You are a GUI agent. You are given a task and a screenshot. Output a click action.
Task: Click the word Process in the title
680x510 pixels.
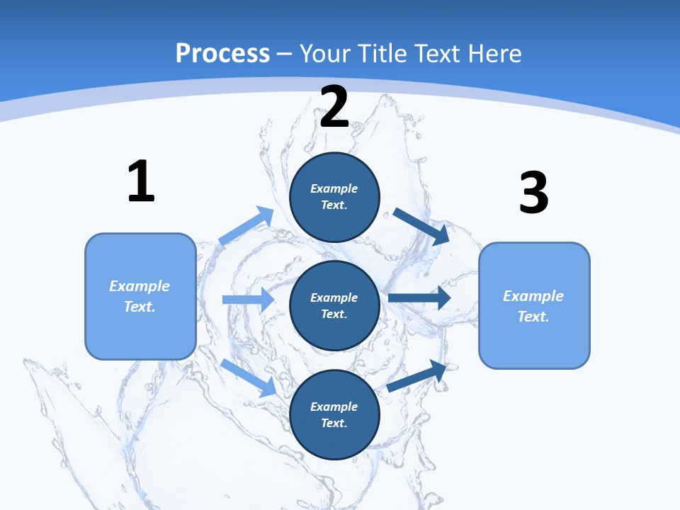(222, 53)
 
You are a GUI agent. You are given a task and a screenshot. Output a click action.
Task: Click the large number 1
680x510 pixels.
(141, 182)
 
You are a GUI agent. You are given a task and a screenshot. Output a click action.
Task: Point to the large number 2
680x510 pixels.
(334, 107)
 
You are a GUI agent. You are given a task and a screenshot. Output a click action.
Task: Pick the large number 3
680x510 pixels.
(533, 193)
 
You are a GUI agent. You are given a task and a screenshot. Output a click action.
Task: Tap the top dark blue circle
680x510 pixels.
(334, 197)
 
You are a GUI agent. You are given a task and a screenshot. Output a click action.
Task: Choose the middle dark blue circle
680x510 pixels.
(334, 305)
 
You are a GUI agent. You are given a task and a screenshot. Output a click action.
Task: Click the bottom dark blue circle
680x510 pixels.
(334, 414)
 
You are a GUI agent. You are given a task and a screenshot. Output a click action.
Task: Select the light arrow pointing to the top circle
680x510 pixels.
(246, 226)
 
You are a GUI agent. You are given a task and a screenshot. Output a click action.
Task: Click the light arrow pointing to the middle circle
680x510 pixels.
(248, 300)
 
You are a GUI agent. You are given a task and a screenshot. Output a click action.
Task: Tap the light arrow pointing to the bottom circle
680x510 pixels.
(249, 377)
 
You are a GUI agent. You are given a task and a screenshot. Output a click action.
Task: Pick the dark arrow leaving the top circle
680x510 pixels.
(421, 226)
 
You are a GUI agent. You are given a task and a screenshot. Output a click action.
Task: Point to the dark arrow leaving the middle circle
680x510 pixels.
(419, 298)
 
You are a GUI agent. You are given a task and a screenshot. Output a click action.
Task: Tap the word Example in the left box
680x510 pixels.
(140, 286)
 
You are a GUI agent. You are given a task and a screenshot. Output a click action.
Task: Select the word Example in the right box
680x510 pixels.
(533, 296)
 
